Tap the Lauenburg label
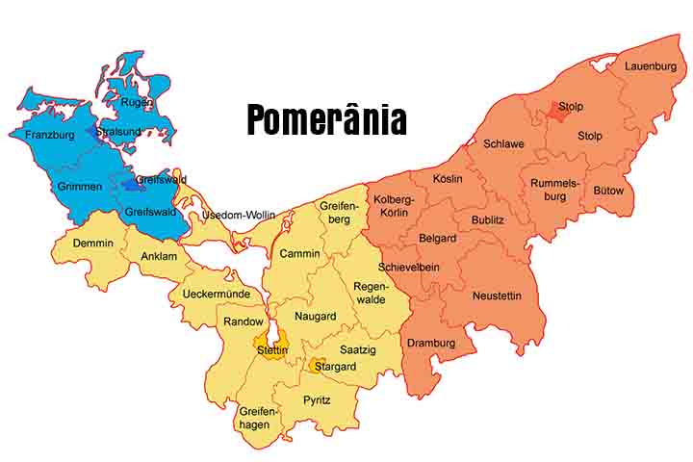[651, 66]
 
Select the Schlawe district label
[503, 143]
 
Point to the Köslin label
[448, 179]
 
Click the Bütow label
[608, 191]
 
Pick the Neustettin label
[497, 296]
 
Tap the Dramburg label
[430, 343]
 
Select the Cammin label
[299, 253]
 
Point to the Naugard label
[315, 317]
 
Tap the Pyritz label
[317, 399]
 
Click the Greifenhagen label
[258, 418]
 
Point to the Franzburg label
[50, 136]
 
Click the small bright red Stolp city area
[554, 112]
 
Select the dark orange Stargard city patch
[317, 366]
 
